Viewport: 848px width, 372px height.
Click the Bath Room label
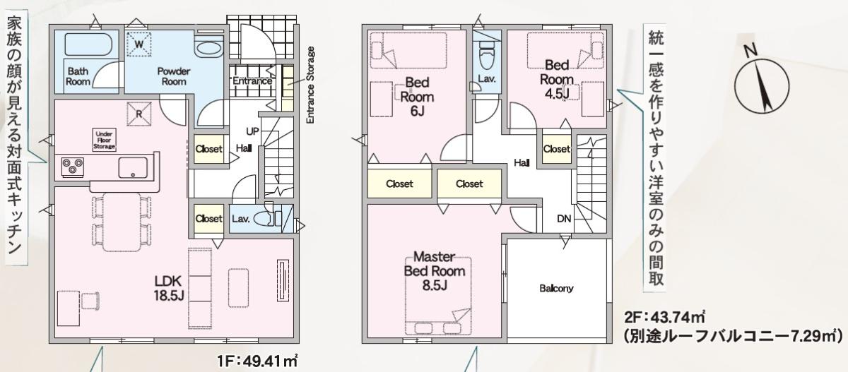click(x=78, y=76)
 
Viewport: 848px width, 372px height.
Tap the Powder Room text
click(x=174, y=76)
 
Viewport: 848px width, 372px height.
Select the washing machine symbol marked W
click(x=139, y=44)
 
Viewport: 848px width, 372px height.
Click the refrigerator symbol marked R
click(x=139, y=114)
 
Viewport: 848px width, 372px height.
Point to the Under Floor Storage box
click(x=104, y=140)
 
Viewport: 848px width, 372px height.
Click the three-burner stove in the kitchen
click(x=72, y=167)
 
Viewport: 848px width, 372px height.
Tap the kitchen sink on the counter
click(x=133, y=167)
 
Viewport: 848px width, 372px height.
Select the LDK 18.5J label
click(x=168, y=288)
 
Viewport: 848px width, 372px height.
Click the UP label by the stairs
click(x=252, y=131)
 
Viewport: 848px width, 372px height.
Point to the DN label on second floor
click(x=564, y=219)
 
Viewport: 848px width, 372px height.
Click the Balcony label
click(x=556, y=289)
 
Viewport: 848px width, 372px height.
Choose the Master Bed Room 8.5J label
click(x=435, y=271)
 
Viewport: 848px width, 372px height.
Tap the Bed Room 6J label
click(x=417, y=97)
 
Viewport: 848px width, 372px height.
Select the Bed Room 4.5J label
click(x=557, y=79)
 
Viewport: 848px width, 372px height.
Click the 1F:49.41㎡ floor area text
click(x=257, y=361)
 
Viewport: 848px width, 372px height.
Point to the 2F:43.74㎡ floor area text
click(x=664, y=317)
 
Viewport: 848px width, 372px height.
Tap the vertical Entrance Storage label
click(x=310, y=85)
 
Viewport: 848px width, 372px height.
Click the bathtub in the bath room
click(x=88, y=44)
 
